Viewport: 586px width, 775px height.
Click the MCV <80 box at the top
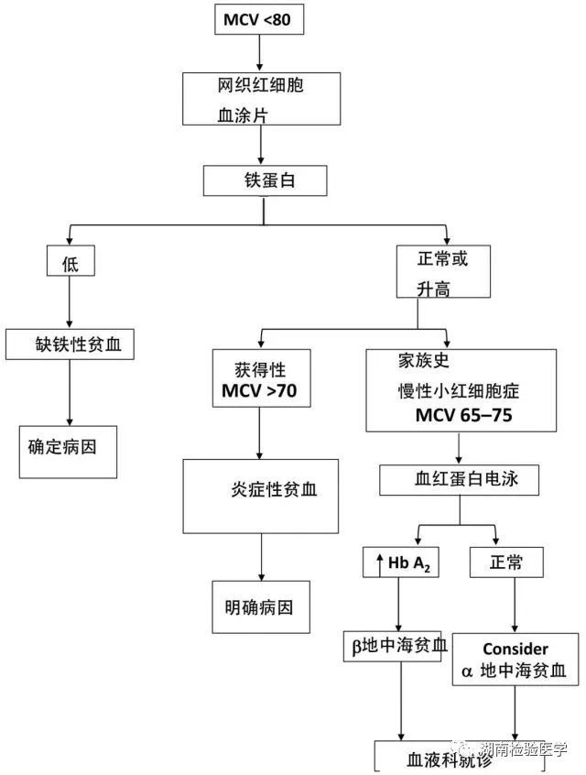(259, 19)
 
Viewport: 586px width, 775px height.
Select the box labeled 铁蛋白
(265, 180)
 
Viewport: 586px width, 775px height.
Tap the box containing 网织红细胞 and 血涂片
(261, 99)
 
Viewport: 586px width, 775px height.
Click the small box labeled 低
(71, 260)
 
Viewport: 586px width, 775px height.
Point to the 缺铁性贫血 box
(70, 344)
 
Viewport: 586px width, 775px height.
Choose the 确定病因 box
(68, 452)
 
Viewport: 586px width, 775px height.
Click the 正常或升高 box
(443, 271)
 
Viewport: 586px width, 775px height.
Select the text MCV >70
(259, 390)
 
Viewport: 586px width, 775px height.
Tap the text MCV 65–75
(463, 415)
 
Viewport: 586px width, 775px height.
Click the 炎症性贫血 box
(260, 497)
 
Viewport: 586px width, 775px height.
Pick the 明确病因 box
(261, 607)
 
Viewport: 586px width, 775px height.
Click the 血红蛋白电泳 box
(459, 479)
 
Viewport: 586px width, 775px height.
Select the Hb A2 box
(401, 562)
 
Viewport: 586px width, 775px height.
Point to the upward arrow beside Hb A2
(379, 565)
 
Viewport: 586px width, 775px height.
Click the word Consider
(515, 649)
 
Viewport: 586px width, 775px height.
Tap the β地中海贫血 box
(393, 646)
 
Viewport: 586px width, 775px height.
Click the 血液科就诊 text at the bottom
(450, 759)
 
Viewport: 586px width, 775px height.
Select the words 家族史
(424, 360)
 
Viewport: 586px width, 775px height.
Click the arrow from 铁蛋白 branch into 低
(70, 235)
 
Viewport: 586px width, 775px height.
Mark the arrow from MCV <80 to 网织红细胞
(259, 53)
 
